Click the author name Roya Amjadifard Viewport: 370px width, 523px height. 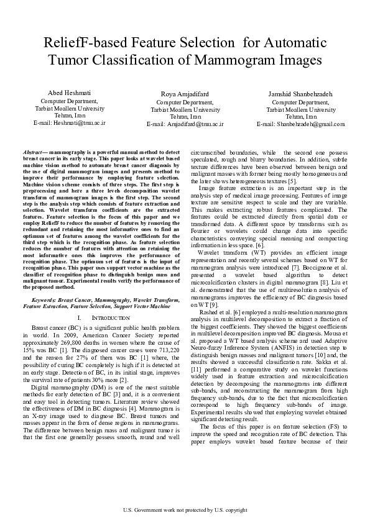click(x=185, y=94)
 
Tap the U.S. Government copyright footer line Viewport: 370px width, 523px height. click(x=185, y=511)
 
